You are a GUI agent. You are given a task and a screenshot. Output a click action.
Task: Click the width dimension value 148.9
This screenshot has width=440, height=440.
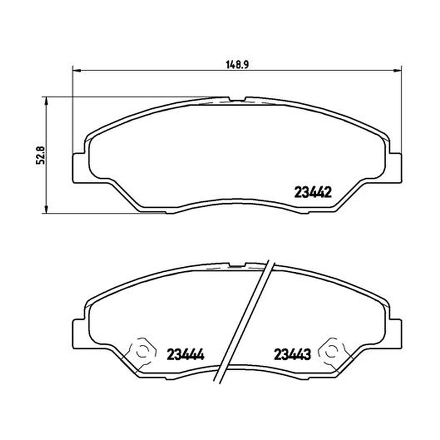(x=238, y=65)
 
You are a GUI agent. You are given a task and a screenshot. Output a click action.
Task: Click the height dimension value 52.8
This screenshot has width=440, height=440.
(x=41, y=155)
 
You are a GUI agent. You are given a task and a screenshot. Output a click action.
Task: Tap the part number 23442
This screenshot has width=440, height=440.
(x=313, y=193)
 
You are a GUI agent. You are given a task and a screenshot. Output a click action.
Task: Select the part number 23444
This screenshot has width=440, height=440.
(x=185, y=354)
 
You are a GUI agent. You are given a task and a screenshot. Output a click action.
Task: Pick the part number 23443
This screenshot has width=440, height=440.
(x=292, y=354)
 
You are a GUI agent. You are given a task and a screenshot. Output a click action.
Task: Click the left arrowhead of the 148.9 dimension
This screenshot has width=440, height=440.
(x=76, y=70)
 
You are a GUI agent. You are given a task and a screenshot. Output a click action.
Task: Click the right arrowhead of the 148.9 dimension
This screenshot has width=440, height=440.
(x=398, y=70)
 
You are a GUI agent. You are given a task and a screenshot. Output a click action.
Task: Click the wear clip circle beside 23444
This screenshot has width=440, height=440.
(x=142, y=351)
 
